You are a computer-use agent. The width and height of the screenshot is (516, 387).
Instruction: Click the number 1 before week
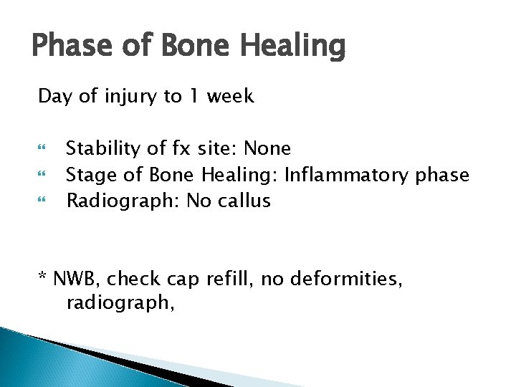(194, 97)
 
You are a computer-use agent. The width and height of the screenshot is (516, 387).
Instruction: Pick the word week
(230, 97)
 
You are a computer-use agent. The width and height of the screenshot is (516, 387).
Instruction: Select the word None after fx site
(267, 149)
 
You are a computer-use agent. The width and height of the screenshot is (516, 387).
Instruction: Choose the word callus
(246, 201)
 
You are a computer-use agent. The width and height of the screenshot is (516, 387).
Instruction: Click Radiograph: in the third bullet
(123, 201)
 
